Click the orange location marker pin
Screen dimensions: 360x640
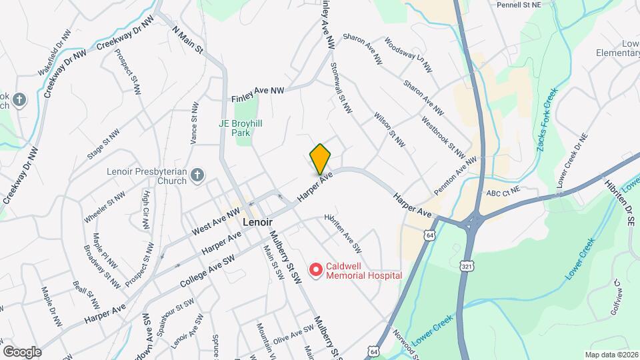pos(320,159)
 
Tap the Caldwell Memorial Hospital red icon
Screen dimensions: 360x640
pos(315,269)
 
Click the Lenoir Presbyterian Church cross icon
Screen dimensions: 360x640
pos(197,175)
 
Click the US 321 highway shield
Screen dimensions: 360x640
pos(467,266)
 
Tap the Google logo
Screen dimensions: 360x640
pos(21,351)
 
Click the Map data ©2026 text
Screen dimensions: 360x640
pos(611,355)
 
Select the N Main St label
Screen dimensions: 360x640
pos(187,41)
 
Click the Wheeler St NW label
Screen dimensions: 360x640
pos(105,207)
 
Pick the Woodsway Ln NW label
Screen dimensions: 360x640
pos(408,55)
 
